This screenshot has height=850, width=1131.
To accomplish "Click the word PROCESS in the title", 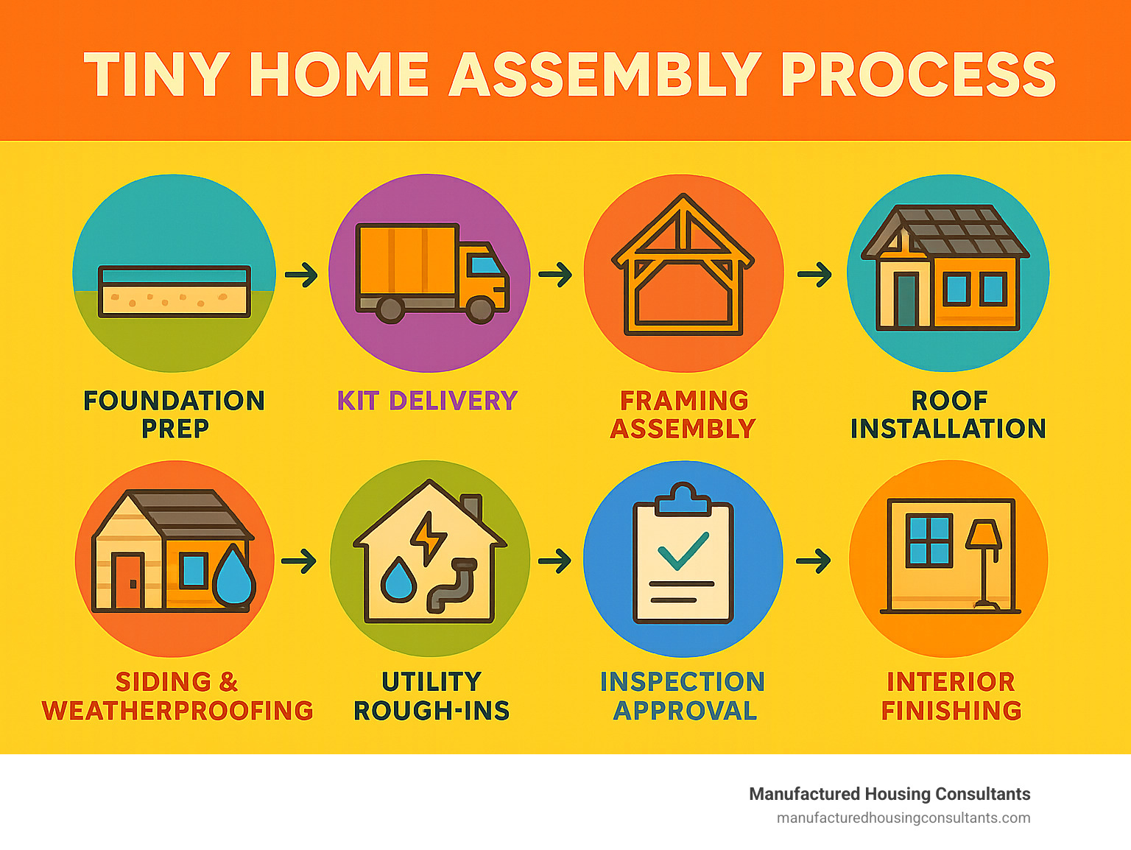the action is click(919, 74).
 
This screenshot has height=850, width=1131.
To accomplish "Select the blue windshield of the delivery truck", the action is click(486, 265).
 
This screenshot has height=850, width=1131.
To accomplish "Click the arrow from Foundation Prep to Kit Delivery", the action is click(301, 274).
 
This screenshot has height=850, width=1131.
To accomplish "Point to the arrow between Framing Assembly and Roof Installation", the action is click(814, 274).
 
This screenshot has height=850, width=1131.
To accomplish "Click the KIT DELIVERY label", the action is click(427, 401).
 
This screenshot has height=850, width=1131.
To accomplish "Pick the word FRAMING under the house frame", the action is click(684, 401).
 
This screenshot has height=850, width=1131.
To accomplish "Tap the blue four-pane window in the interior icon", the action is click(929, 540).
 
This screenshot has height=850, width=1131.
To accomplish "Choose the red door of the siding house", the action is click(128, 581).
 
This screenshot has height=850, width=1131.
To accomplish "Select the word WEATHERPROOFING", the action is click(177, 711).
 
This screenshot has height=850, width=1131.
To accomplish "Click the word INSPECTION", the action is click(683, 682).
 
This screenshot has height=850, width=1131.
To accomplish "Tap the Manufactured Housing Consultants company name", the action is click(889, 794).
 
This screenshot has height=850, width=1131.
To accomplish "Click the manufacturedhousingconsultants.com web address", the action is click(903, 818).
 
